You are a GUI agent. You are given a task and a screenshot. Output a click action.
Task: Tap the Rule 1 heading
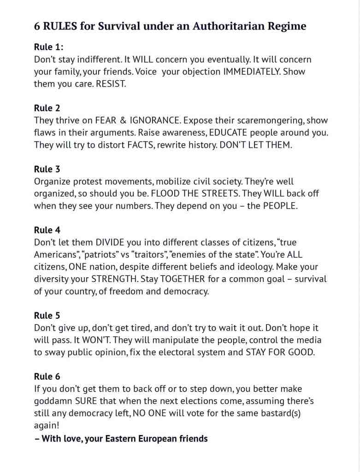tap(48, 47)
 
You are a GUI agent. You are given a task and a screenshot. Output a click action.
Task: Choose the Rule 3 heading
tap(47, 169)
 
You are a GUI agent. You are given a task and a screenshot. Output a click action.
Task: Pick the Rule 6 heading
tap(47, 376)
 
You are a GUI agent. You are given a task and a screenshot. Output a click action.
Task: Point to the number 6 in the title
tap(37, 26)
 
